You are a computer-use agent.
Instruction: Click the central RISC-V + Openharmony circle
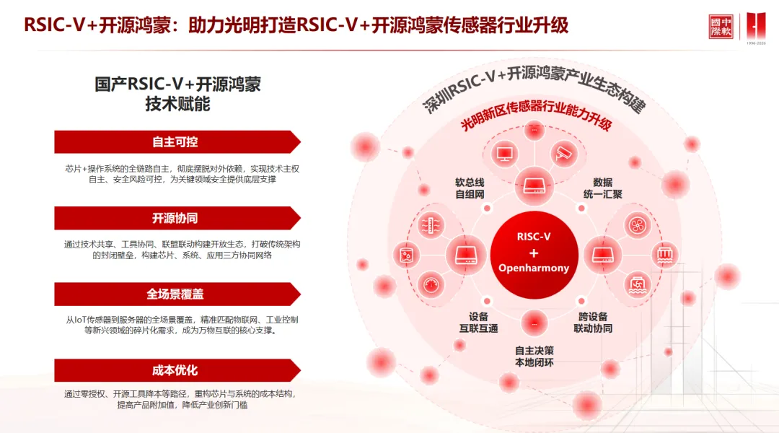534,253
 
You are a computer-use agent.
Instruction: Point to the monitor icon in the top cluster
504,153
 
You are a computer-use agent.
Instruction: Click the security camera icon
563,153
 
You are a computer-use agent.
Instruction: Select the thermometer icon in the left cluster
432,224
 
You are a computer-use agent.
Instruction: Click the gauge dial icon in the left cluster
432,282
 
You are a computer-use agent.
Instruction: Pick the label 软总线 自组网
470,188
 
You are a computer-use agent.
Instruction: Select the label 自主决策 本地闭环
534,357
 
